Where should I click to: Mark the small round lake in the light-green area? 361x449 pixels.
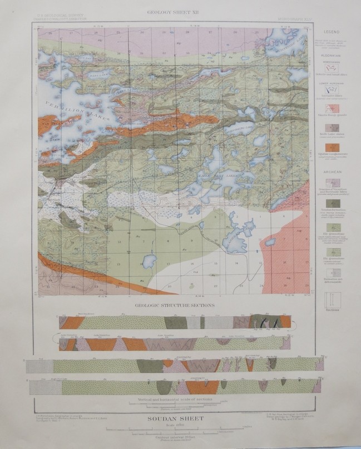pyautogui.click(x=149, y=260)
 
